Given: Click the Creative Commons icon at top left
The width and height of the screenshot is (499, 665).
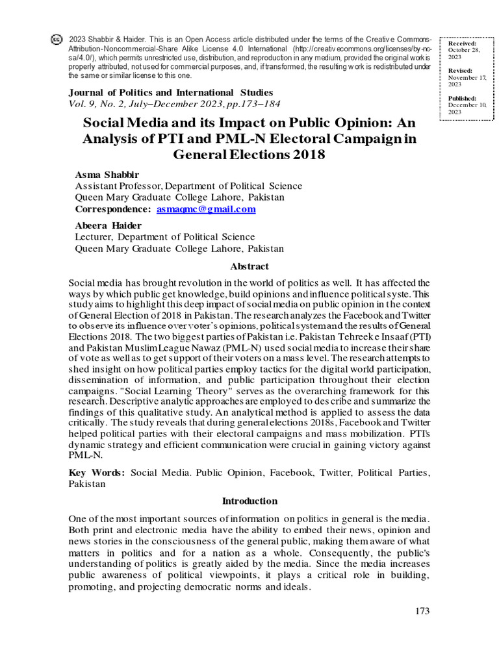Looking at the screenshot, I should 57,39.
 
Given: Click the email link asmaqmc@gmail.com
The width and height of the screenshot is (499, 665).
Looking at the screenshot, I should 206,209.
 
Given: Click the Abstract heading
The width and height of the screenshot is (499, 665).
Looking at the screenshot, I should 249,266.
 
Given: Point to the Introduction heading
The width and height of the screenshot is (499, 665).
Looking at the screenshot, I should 249,501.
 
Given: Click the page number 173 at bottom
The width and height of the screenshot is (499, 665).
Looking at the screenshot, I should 422,610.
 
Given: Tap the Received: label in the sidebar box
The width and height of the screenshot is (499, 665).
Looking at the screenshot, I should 462,43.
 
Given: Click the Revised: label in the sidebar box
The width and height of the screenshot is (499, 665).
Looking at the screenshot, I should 460,70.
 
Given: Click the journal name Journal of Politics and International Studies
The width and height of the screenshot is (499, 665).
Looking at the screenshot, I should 170,92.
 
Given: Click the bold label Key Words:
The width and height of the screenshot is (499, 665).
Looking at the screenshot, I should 97,473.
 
